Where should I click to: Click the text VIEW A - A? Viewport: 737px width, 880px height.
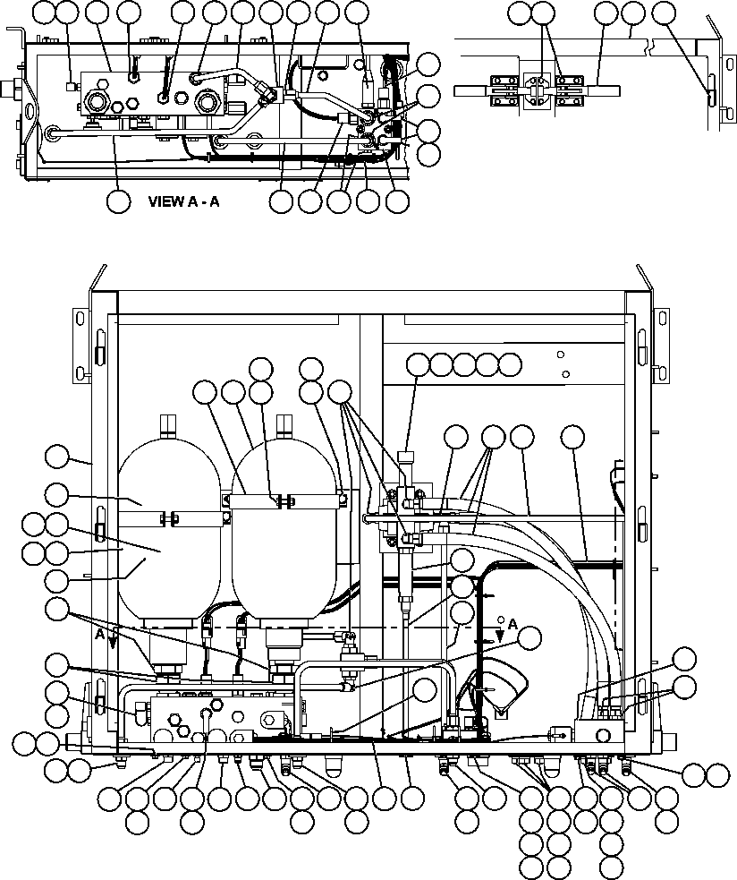(183, 202)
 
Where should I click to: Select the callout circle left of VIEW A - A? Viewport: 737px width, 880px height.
(118, 201)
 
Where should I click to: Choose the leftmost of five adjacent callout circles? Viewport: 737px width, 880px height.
(418, 364)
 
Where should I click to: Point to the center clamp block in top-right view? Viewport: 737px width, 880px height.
(536, 90)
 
